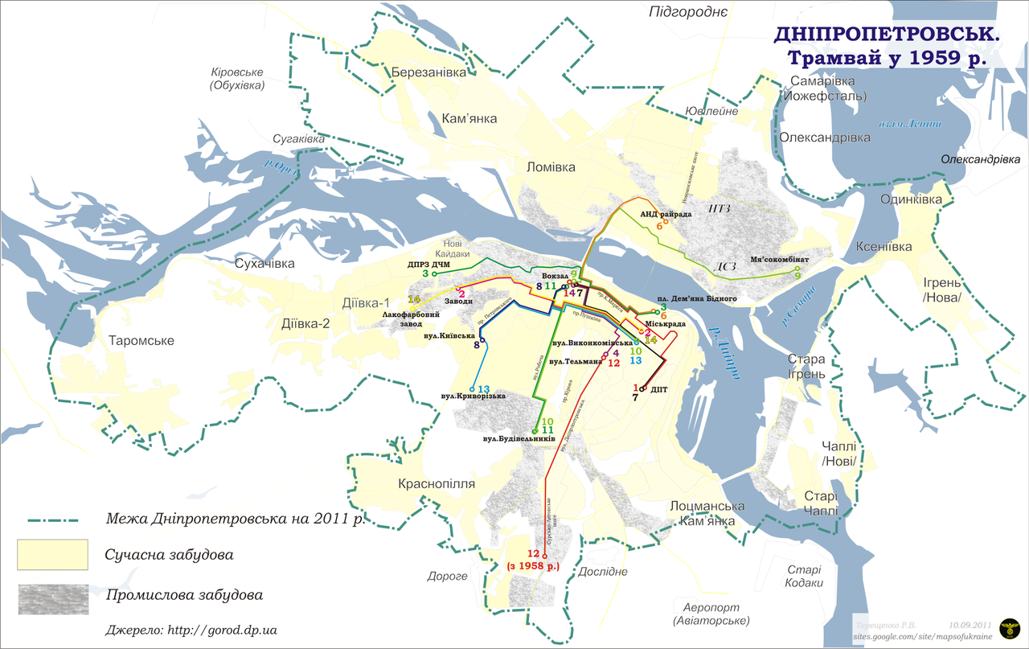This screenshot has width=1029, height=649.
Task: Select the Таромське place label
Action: pyautogui.click(x=141, y=340)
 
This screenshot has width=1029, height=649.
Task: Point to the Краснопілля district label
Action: pyautogui.click(x=437, y=484)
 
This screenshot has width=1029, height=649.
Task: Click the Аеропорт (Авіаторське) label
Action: pyautogui.click(x=711, y=614)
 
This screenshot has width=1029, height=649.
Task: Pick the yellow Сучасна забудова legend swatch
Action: pyautogui.click(x=52, y=554)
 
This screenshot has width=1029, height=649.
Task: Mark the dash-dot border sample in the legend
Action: pyautogui.click(x=56, y=520)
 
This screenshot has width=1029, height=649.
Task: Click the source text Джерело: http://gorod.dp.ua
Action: pyautogui.click(x=191, y=630)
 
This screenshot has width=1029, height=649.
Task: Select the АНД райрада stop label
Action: pyautogui.click(x=666, y=215)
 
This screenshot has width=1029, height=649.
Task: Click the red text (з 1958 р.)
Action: pyautogui.click(x=533, y=566)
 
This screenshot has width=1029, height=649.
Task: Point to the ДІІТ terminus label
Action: pyautogui.click(x=659, y=389)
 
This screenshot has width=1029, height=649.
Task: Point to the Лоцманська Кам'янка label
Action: pyautogui.click(x=707, y=513)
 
